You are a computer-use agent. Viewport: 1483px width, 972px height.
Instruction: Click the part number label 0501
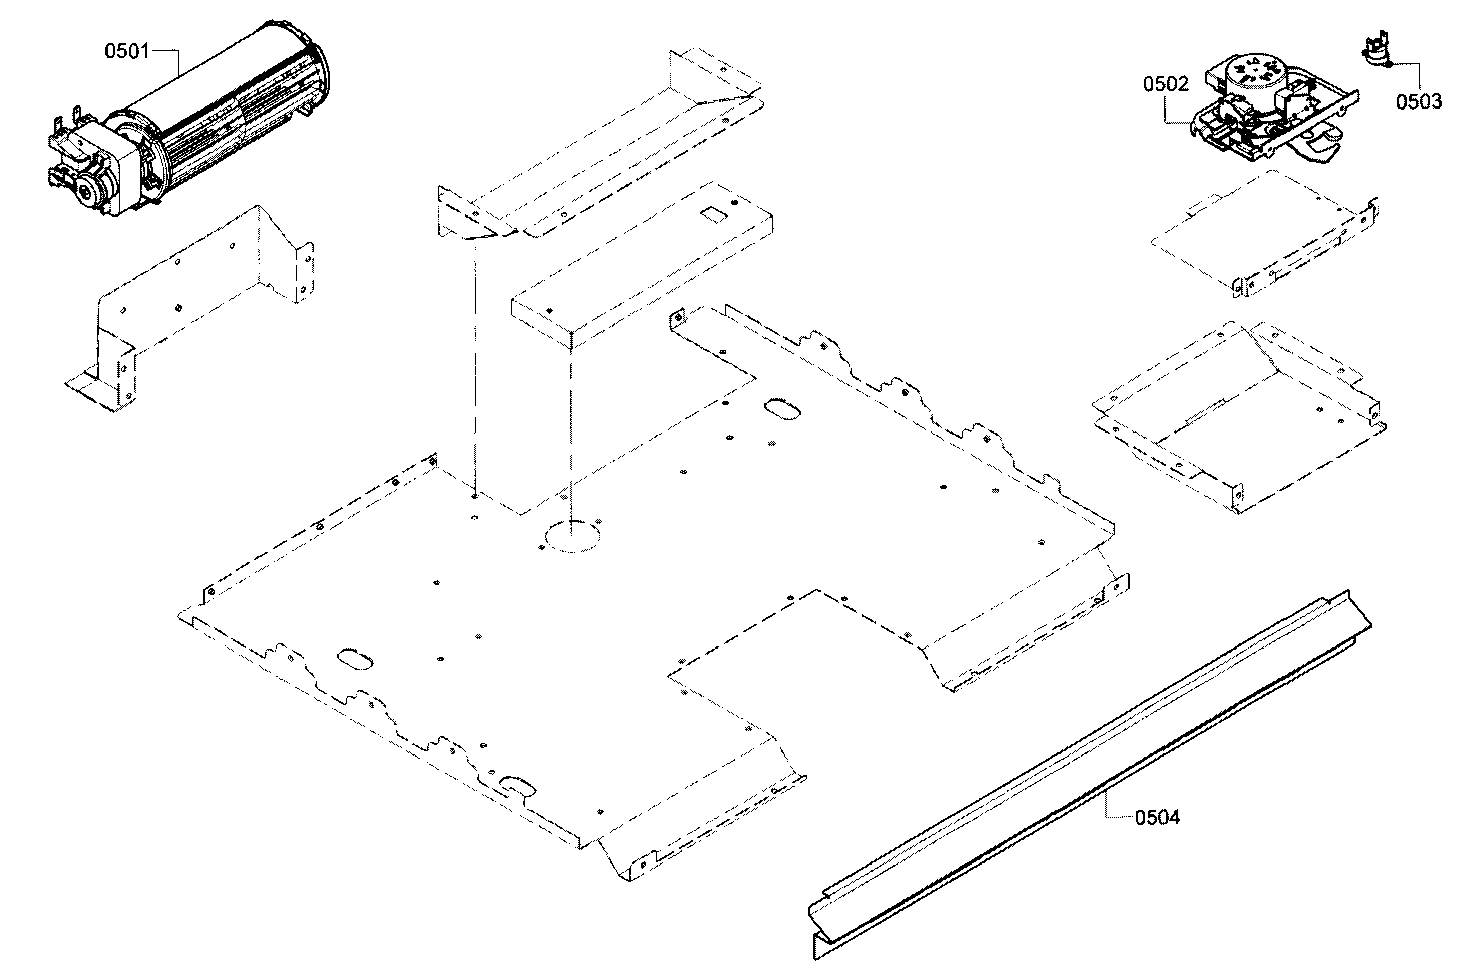coord(127,51)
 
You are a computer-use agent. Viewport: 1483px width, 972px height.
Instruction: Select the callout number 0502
coord(1165,84)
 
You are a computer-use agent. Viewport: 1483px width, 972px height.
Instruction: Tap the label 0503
coord(1418,101)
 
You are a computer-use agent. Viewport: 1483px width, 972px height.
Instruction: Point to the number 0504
coord(1157,817)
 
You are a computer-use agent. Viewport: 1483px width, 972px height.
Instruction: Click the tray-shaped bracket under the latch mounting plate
coord(1240,417)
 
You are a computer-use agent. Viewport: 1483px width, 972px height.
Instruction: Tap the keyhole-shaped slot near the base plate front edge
coord(517,786)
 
